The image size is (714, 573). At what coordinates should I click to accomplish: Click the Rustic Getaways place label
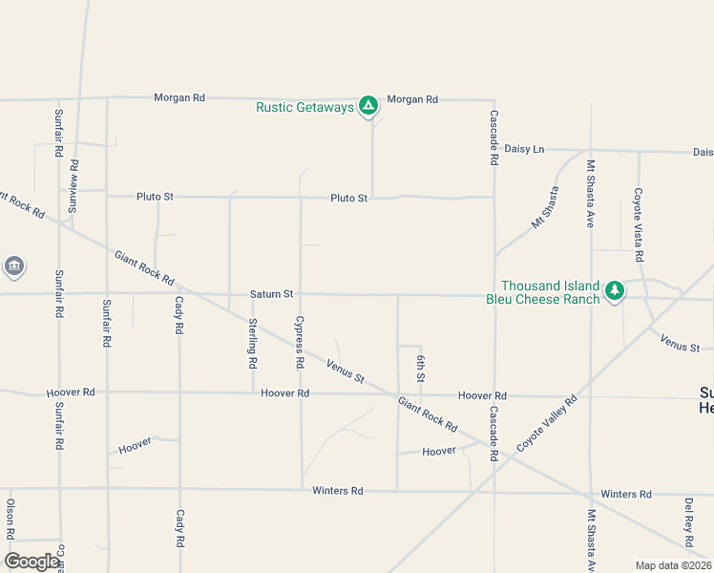pyautogui.click(x=304, y=107)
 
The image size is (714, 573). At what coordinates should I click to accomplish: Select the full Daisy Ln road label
pyautogui.click(x=524, y=149)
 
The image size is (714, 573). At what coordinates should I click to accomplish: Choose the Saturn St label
pyautogui.click(x=271, y=294)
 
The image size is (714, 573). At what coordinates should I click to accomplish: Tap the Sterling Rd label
pyautogui.click(x=253, y=343)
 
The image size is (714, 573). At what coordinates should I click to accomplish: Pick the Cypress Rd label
pyautogui.click(x=300, y=343)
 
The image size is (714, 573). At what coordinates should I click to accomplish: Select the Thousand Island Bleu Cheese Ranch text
pyautogui.click(x=551, y=292)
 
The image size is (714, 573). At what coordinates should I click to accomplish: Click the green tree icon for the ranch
pyautogui.click(x=616, y=290)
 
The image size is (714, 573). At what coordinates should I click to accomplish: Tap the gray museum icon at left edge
pyautogui.click(x=13, y=265)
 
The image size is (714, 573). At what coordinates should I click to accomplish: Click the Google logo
pyautogui.click(x=31, y=562)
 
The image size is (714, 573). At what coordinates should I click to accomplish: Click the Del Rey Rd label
pyautogui.click(x=688, y=517)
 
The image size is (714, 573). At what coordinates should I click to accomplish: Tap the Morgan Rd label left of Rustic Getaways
pyautogui.click(x=179, y=97)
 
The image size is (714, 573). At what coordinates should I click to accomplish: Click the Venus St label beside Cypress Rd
pyautogui.click(x=346, y=371)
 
